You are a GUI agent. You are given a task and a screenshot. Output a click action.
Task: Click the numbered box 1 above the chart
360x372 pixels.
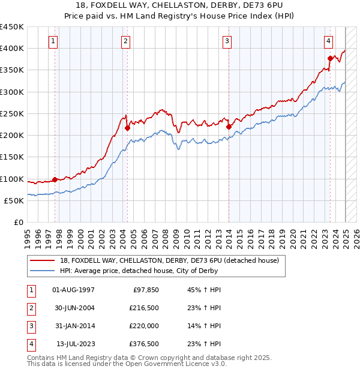pyautogui.click(x=54, y=41)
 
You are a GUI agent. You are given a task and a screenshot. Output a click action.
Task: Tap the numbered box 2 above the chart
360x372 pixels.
pyautogui.click(x=125, y=41)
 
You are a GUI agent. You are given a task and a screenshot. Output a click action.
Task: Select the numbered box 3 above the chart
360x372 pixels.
pyautogui.click(x=227, y=41)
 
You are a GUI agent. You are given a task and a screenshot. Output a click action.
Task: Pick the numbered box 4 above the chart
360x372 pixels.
pyautogui.click(x=329, y=41)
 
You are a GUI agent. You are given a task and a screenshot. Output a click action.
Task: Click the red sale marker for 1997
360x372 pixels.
pyautogui.click(x=55, y=179)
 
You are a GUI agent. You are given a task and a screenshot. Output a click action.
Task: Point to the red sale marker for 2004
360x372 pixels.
pyautogui.click(x=127, y=128)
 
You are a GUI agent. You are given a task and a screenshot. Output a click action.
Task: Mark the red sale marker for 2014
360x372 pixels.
pyautogui.click(x=229, y=127)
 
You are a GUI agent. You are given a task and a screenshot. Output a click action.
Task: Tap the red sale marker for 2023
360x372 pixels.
pyautogui.click(x=330, y=58)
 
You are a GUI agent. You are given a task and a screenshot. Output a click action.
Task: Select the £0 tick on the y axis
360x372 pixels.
pyautogui.click(x=18, y=222)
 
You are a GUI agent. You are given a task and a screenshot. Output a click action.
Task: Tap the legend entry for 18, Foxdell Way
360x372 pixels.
pyautogui.click(x=169, y=261)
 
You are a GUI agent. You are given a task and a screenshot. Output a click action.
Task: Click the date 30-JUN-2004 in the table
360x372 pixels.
pyautogui.click(x=74, y=308)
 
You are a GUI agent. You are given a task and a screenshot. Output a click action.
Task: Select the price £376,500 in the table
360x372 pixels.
pyautogui.click(x=143, y=344)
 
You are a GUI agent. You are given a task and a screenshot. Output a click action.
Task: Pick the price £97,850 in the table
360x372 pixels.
pyautogui.click(x=145, y=290)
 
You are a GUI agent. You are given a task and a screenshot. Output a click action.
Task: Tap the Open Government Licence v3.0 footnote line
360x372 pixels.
pyautogui.click(x=127, y=364)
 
